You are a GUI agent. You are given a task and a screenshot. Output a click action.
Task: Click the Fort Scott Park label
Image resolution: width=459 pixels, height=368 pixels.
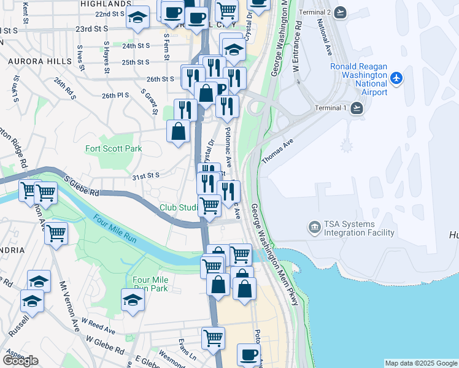(114, 148)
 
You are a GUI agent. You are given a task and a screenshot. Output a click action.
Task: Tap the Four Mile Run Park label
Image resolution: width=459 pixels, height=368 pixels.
(150, 284)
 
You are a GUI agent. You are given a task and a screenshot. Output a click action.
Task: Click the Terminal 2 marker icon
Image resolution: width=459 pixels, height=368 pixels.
(341, 12)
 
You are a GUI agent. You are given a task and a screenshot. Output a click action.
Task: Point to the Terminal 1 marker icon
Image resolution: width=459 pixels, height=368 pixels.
(357, 109)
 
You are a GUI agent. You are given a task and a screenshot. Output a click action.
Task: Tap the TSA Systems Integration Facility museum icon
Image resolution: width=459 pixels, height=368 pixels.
(314, 228)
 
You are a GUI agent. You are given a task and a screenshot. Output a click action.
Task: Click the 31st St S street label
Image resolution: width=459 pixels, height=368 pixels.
(145, 175)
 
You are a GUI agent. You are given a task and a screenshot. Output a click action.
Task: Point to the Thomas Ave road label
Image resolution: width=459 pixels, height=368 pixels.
(275, 150)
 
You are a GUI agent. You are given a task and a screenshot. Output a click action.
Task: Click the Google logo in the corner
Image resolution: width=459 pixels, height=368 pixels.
(20, 360)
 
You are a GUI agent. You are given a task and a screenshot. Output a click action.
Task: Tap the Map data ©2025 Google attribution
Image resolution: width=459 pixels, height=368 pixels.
(420, 363)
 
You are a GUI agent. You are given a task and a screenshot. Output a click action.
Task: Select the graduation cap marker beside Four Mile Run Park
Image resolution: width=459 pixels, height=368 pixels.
(133, 301)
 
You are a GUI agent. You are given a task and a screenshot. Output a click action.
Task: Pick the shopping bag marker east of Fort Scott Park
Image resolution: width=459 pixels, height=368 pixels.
(178, 131)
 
